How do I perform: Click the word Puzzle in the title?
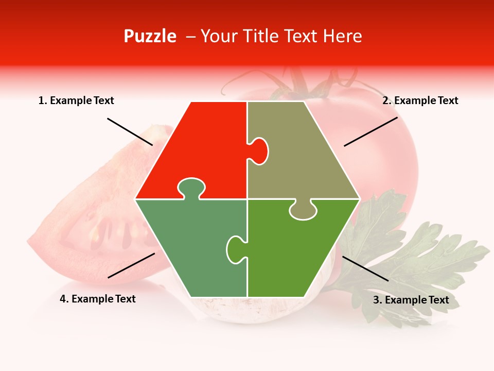pos(150,36)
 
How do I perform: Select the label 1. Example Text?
pos(76,101)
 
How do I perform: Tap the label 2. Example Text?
pos(420,101)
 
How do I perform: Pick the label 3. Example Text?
pos(411,300)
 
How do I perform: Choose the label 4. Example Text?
pos(98,299)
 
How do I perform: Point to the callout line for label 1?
pos(130,131)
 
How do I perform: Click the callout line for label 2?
pos(370,131)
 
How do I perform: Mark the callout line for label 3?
pos(365,268)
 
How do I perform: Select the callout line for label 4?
pos(131,265)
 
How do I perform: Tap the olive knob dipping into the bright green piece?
pos(303,210)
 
